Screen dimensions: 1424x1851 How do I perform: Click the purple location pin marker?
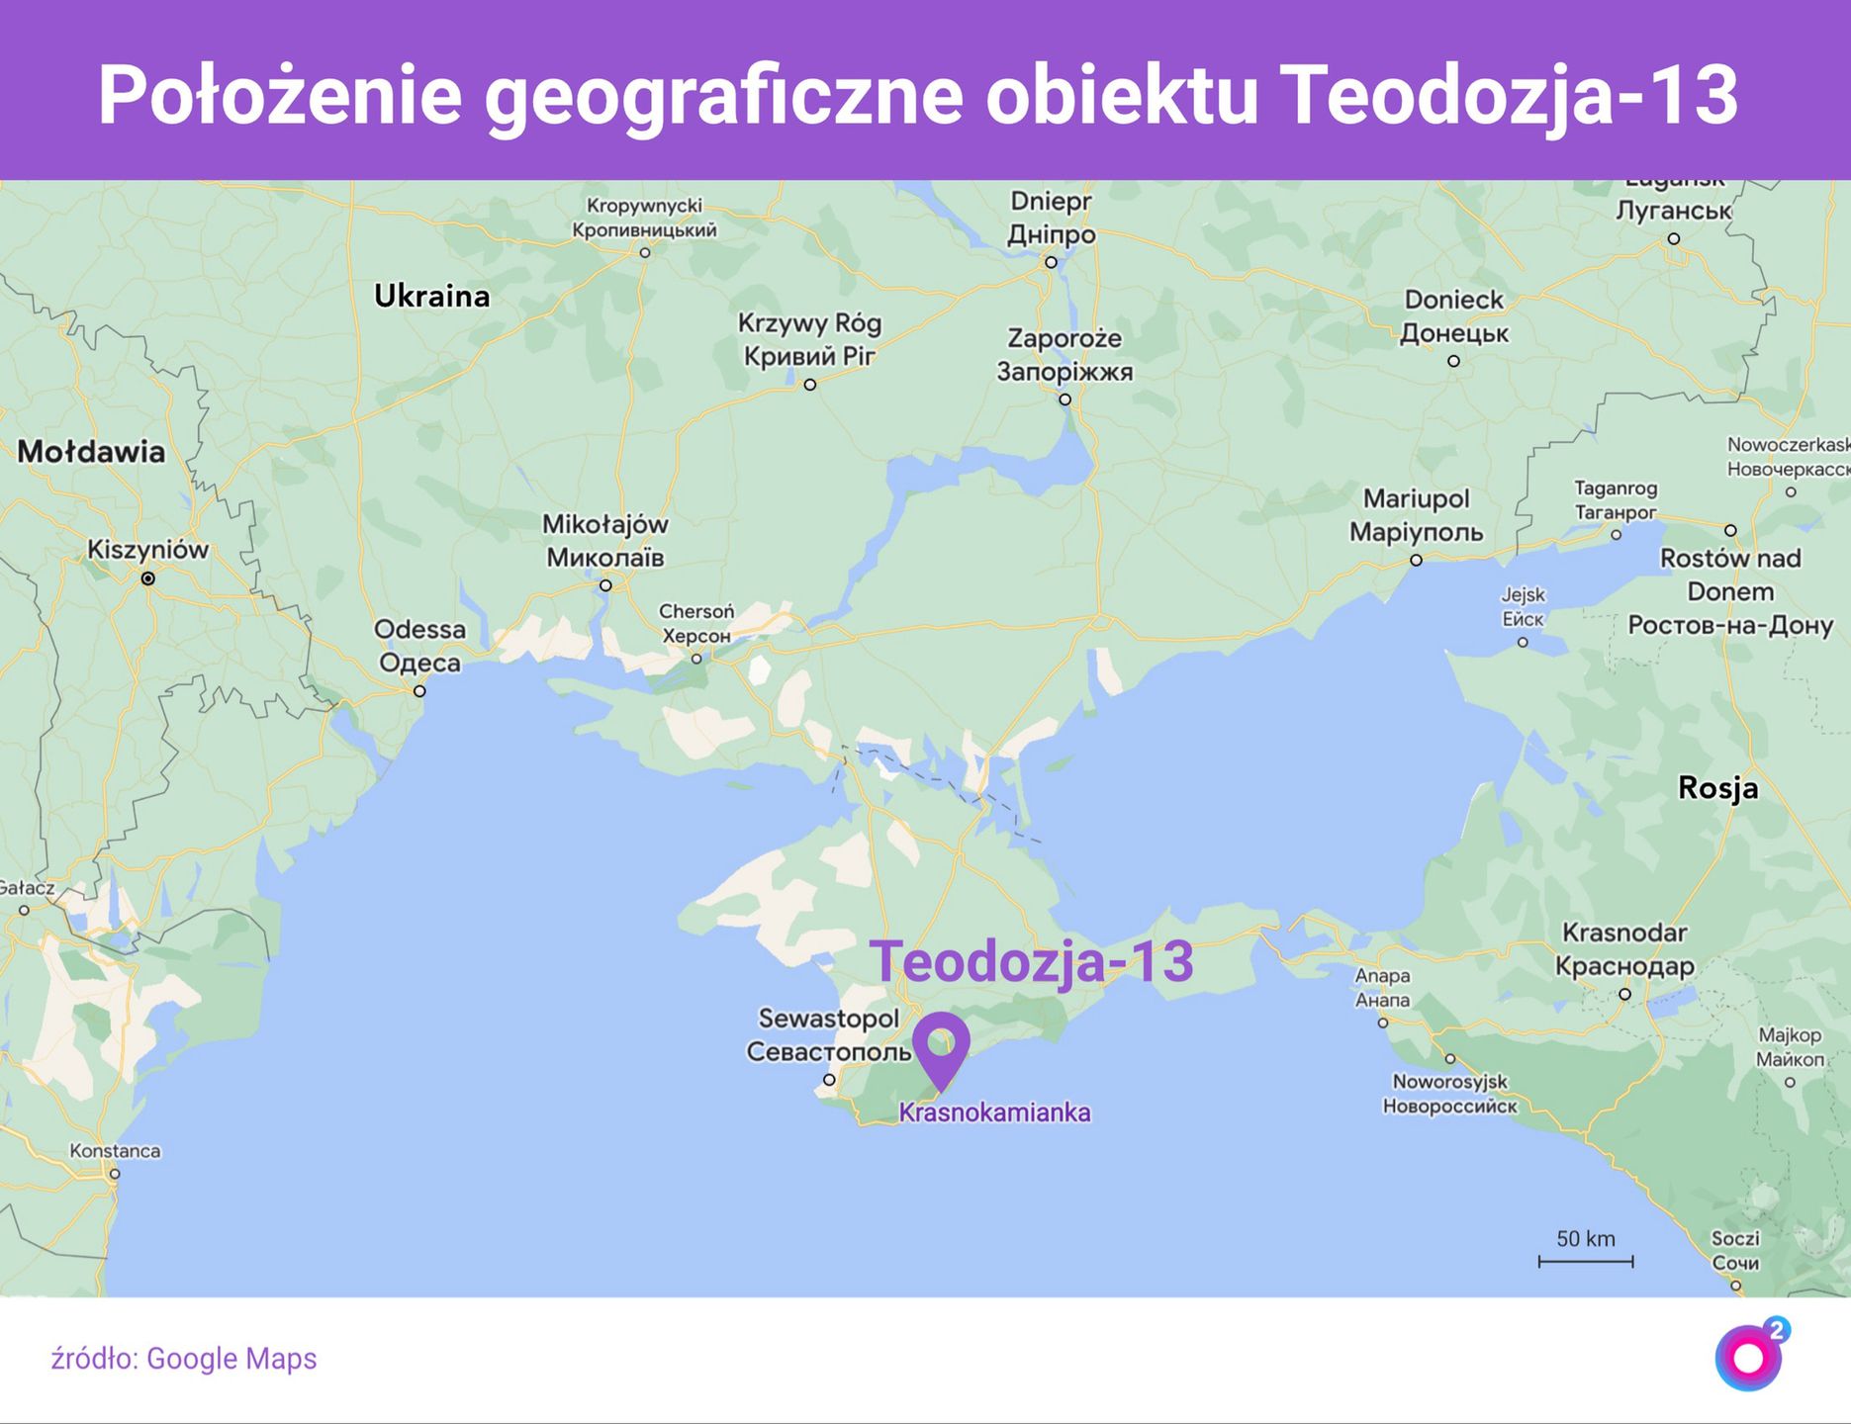click(x=940, y=1046)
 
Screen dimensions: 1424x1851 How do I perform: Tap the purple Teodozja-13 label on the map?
click(x=1031, y=960)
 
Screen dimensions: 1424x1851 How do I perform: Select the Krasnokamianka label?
click(x=994, y=1112)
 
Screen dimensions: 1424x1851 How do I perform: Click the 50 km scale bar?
click(x=1585, y=1260)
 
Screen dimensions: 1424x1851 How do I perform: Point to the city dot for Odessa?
click(x=419, y=691)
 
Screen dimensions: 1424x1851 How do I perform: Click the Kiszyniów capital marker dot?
click(x=147, y=578)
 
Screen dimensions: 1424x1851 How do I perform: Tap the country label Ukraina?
click(x=431, y=296)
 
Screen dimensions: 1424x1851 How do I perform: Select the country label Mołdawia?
click(x=91, y=452)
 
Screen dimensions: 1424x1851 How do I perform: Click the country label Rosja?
click(x=1717, y=788)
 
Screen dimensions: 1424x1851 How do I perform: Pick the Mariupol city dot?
click(x=1416, y=560)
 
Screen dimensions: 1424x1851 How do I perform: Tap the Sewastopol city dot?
click(x=829, y=1080)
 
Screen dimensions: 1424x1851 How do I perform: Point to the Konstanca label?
click(x=115, y=1151)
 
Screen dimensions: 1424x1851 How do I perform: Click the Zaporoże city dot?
click(x=1064, y=400)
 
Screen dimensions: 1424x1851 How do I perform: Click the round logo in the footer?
click(x=1749, y=1358)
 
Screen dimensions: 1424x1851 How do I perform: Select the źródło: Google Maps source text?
click(x=184, y=1359)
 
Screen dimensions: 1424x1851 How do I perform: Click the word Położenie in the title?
click(x=280, y=95)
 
